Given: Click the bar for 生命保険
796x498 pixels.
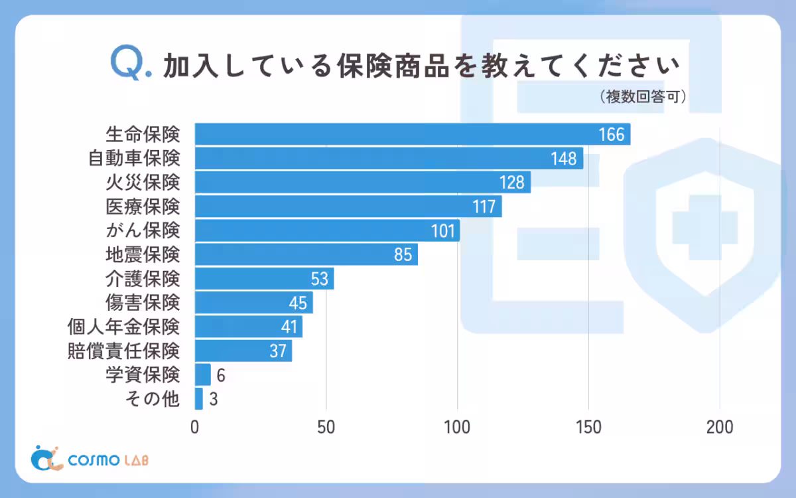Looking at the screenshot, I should pos(398,134).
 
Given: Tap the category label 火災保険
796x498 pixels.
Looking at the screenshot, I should pos(143,182).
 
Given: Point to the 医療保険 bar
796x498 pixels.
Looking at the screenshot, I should pos(345,207).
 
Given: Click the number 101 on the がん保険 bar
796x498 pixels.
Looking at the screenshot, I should pos(443,230).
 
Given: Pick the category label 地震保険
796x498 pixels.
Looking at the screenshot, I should pos(143,254).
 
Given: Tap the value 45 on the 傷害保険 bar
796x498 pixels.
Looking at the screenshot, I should pos(298,303).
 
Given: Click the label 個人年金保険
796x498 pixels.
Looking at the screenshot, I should pos(124,327).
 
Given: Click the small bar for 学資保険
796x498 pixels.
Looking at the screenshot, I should pos(202,374).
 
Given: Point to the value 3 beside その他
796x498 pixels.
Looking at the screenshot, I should pos(214,399).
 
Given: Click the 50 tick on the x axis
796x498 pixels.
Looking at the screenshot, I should pos(326,427).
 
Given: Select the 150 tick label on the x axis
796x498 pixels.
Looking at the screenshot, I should pos(588,427).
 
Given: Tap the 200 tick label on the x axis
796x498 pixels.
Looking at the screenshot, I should pos(720,427).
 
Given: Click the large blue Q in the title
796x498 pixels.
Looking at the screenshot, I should pos(126,64).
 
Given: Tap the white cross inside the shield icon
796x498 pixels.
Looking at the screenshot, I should pos(705,228).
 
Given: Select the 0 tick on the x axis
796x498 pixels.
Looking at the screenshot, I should pos(195,427).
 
